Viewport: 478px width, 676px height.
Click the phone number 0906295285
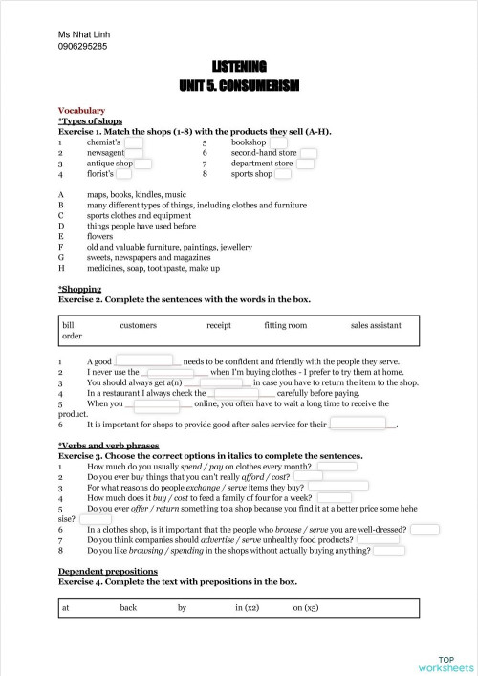pyautogui.click(x=82, y=46)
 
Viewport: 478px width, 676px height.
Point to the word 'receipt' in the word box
pyautogui.click(x=219, y=325)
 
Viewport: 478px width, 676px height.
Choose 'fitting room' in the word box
pyautogui.click(x=286, y=325)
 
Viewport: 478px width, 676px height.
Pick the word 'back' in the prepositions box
pyautogui.click(x=129, y=607)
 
